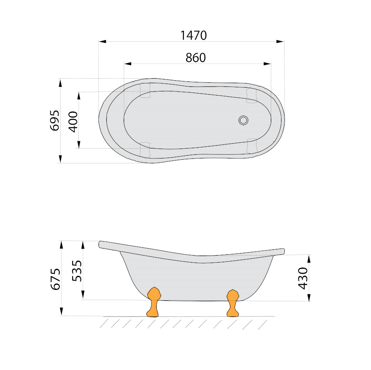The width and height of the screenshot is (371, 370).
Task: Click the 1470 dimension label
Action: coord(194,35)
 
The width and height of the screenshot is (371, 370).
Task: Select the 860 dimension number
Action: coord(196,58)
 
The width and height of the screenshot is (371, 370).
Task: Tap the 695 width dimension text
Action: coord(55,120)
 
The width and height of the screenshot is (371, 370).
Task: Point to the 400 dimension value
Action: coord(73,122)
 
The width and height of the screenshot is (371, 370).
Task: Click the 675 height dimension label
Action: coord(56,279)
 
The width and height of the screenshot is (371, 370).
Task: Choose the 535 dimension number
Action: coord(77,271)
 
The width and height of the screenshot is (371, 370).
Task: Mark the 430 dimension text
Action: coord(303,278)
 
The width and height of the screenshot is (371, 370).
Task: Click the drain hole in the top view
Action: coord(243,120)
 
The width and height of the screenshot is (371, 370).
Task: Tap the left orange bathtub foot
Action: coord(154,302)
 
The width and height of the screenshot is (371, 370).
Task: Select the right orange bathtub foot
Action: coord(233,303)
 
